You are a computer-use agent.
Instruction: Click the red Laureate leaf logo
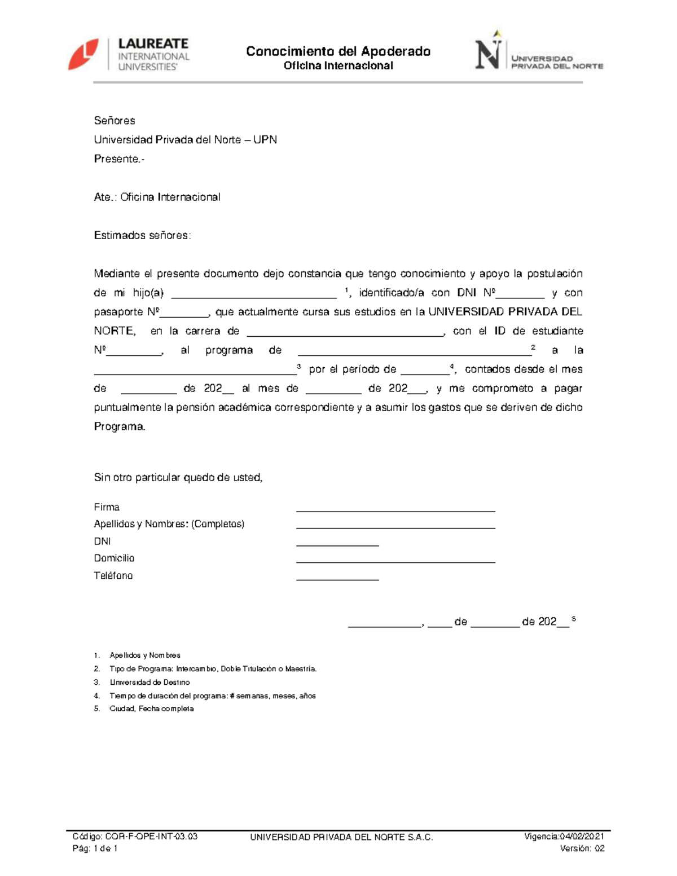[83, 55]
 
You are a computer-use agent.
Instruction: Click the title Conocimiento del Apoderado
[338, 51]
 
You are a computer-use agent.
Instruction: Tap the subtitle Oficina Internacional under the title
[338, 66]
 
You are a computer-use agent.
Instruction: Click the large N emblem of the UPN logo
[487, 55]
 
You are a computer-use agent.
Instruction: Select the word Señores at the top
[115, 121]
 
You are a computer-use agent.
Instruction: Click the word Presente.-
[119, 159]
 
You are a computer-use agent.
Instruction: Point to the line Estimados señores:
[142, 236]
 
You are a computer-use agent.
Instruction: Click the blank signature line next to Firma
[395, 509]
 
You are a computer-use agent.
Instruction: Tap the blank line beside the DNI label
[337, 544]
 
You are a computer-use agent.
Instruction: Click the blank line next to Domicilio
[395, 561]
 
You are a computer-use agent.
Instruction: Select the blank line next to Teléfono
[337, 578]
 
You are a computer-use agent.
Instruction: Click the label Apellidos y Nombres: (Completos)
[169, 524]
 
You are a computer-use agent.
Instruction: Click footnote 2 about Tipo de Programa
[213, 669]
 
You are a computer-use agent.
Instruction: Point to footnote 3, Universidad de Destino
[150, 683]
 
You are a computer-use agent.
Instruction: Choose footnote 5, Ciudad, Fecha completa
[151, 709]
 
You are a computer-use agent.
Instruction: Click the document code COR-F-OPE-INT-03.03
[151, 837]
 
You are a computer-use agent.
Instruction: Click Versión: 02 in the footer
[582, 848]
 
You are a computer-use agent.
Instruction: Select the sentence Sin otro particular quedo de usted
[178, 478]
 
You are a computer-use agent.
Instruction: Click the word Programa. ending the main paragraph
[120, 427]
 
